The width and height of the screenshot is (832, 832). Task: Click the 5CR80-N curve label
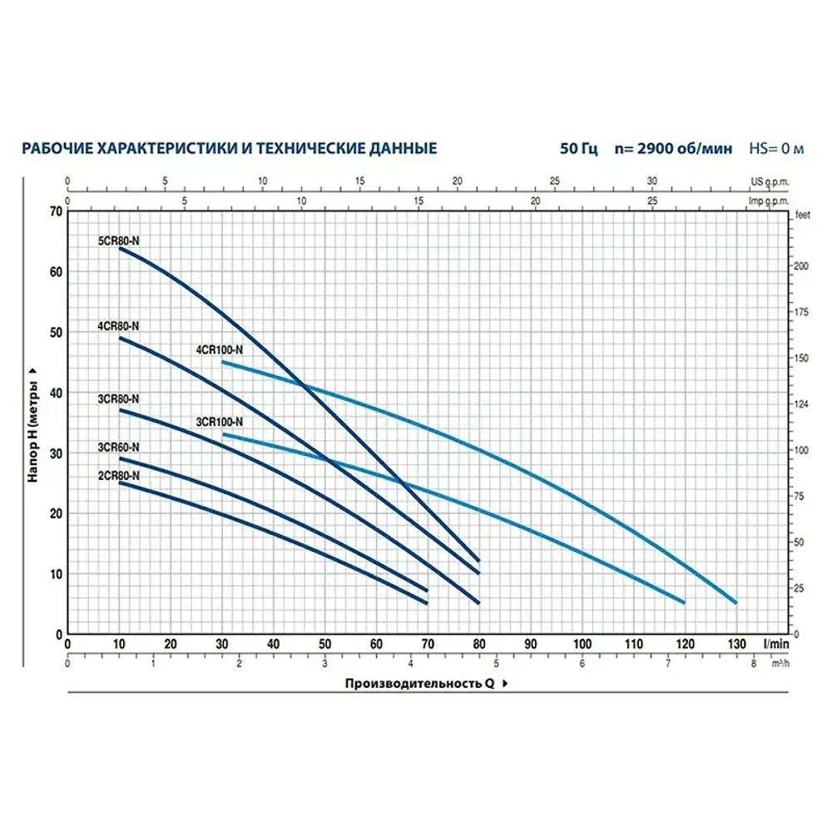[x=120, y=240]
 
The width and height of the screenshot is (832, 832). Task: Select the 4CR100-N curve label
[x=219, y=350]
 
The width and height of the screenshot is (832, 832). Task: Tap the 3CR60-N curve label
[x=119, y=447]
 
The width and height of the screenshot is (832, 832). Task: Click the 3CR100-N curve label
[x=219, y=421]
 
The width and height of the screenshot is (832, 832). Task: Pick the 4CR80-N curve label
[x=119, y=326]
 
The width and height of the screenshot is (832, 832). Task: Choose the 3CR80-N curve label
[x=119, y=399]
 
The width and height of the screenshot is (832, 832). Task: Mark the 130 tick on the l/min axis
[x=735, y=644]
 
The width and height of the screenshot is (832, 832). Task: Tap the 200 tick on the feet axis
[x=801, y=265]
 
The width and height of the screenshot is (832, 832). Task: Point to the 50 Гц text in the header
[x=579, y=149]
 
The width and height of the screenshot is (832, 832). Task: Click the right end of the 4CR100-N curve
[x=735, y=602]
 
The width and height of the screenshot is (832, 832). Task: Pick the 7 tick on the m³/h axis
[x=668, y=664]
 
